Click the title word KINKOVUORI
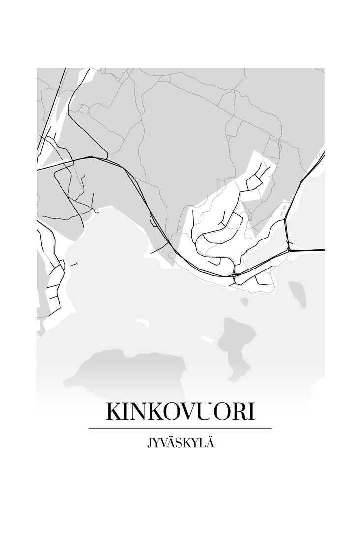[x=180, y=412]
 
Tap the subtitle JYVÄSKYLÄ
[x=180, y=444]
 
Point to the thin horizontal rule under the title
[x=180, y=429]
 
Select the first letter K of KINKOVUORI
[x=113, y=412]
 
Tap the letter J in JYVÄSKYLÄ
[x=149, y=445]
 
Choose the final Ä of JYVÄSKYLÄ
[x=210, y=444]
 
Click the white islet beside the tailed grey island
[x=209, y=339]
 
